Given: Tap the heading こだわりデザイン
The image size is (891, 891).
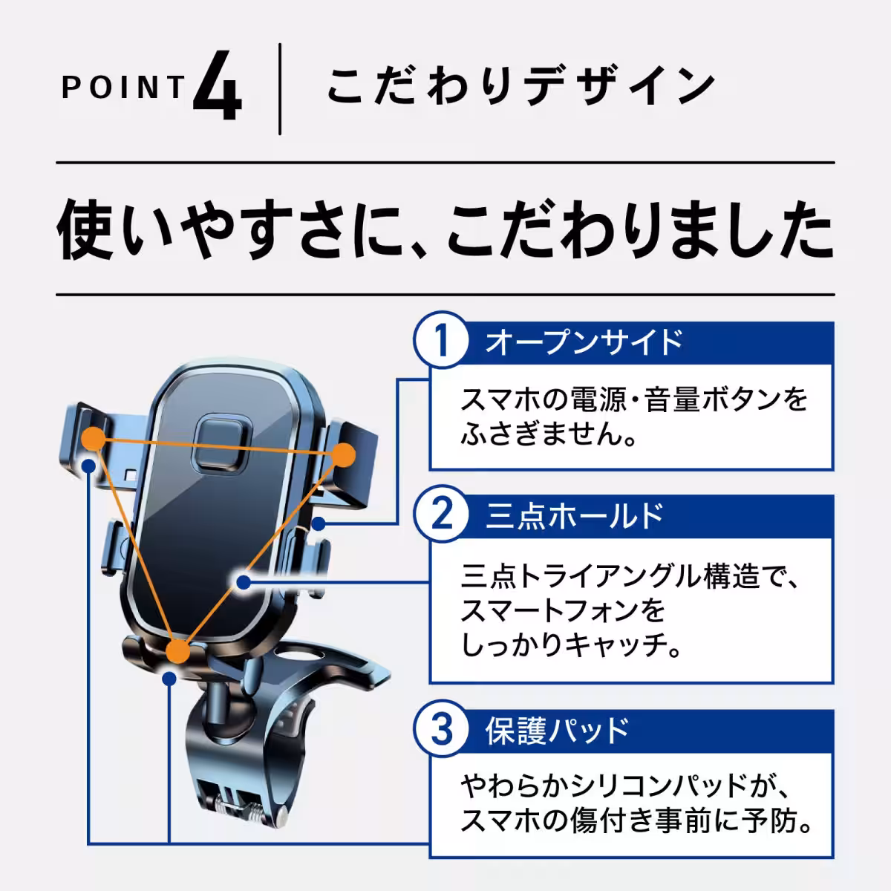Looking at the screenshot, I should [x=520, y=88].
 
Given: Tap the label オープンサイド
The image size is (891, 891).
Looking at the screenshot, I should [x=584, y=342].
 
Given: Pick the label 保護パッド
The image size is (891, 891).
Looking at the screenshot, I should [x=557, y=731].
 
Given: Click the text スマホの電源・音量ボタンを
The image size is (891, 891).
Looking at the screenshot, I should [x=633, y=401].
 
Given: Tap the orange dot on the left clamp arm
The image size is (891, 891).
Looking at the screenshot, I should [x=94, y=439].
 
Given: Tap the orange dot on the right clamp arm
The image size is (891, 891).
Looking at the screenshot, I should [x=344, y=454].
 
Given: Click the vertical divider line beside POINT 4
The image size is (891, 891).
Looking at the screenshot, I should [x=280, y=89].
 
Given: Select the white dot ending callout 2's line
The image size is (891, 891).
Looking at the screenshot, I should [x=242, y=583].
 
